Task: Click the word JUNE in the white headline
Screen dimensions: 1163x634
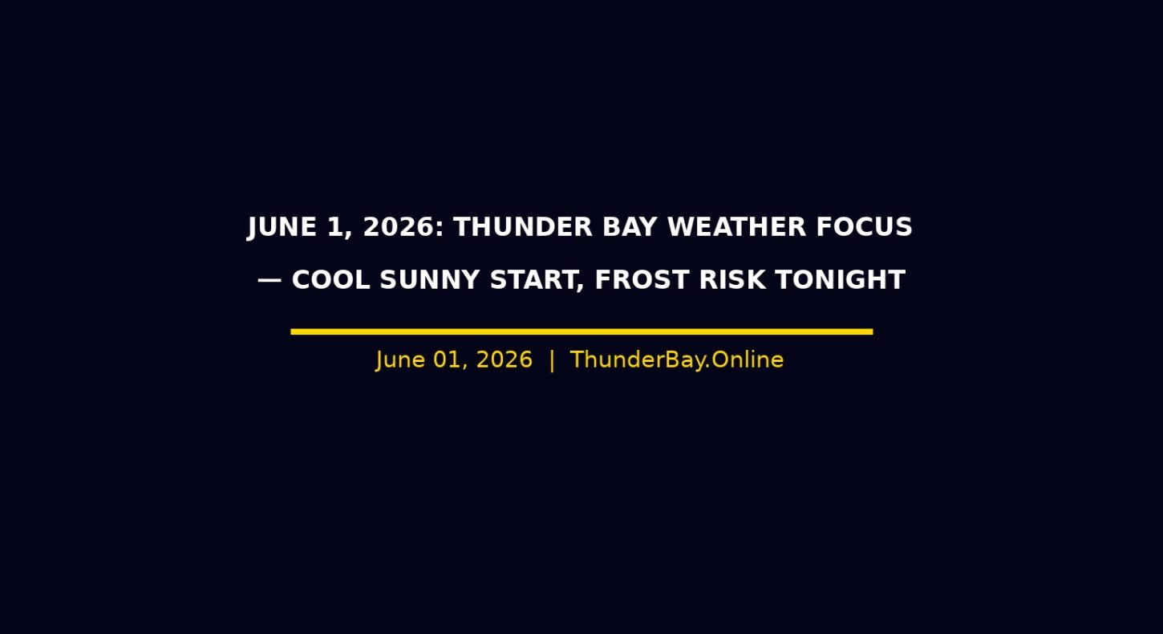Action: click(x=282, y=228)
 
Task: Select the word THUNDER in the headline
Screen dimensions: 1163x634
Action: click(x=523, y=227)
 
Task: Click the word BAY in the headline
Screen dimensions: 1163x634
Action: click(x=630, y=227)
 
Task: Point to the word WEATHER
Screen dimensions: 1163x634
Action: click(x=737, y=227)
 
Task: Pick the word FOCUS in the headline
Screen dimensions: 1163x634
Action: click(x=865, y=227)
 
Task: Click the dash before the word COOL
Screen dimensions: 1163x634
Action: click(x=269, y=281)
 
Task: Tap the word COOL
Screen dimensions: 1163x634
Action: click(x=330, y=280)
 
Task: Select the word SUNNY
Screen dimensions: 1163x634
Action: click(x=430, y=280)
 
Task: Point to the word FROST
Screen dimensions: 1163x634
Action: click(x=642, y=280)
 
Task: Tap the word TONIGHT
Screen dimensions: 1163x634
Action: click(x=841, y=280)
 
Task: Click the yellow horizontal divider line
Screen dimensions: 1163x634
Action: click(x=581, y=331)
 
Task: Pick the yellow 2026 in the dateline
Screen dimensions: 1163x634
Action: click(x=505, y=360)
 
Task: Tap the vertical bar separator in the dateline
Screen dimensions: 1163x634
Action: click(x=552, y=360)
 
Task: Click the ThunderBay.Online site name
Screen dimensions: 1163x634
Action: click(x=677, y=360)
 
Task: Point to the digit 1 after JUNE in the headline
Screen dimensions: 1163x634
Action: click(x=335, y=227)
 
